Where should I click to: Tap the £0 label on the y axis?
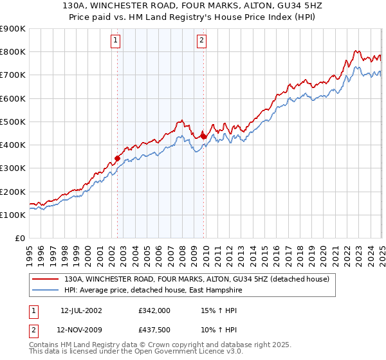[20, 239]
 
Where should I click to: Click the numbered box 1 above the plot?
[116, 40]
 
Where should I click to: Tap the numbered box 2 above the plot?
[201, 40]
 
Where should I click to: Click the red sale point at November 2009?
[204, 136]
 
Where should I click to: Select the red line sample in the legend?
[46, 279]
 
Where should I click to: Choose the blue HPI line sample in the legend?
[46, 290]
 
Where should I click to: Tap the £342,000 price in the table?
[154, 310]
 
